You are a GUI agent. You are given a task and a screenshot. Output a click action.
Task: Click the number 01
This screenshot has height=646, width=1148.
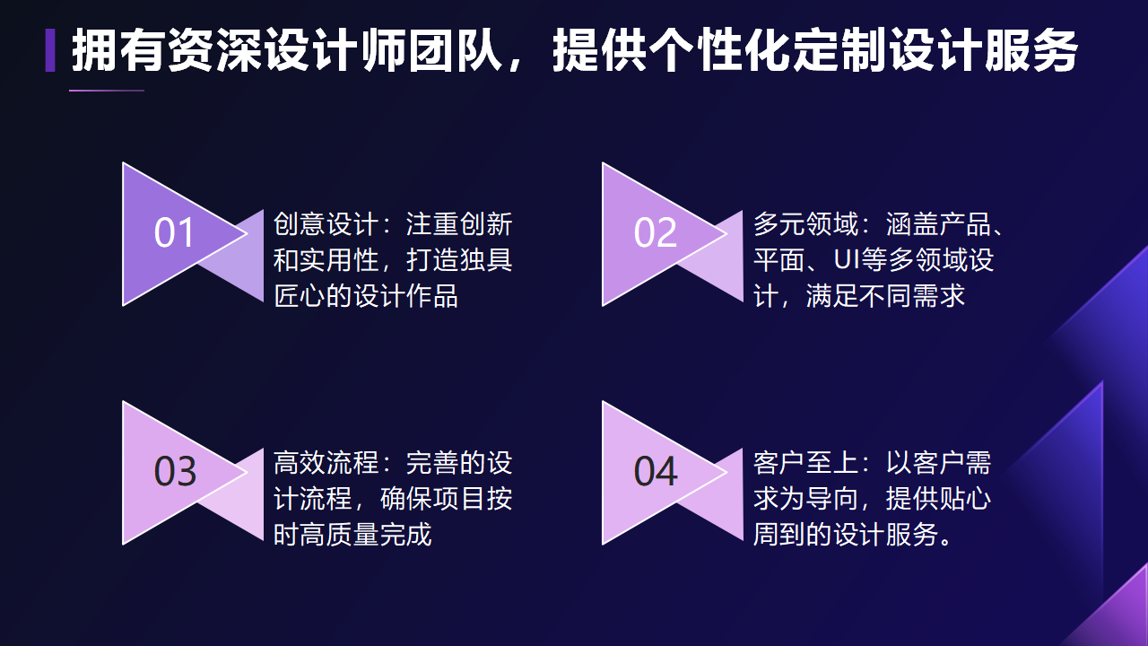point(174,232)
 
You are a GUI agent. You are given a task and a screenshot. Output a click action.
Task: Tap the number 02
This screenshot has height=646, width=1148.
point(655,232)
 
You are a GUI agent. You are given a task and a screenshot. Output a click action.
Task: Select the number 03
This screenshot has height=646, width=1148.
point(175,471)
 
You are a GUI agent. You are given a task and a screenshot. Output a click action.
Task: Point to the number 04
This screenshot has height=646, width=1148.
point(656,471)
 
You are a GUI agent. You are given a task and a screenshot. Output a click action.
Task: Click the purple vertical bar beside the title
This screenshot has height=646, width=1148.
point(50,50)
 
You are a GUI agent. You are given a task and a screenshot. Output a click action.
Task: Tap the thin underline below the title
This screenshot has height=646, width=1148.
point(107,91)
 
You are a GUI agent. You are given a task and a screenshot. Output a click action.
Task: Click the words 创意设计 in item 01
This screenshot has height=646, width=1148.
point(326,224)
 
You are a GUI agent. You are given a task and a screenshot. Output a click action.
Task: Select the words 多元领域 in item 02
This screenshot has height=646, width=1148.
point(805,224)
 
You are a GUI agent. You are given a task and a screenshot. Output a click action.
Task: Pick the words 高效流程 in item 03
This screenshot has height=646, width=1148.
point(326,462)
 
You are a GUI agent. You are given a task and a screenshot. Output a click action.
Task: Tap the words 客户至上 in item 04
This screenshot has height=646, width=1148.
point(805,462)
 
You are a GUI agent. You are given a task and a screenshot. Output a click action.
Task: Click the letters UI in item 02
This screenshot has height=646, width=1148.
point(846,259)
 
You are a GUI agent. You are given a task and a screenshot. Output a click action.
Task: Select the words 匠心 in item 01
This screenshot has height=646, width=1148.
point(300,296)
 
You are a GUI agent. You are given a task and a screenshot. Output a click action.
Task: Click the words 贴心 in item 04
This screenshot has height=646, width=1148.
point(964,498)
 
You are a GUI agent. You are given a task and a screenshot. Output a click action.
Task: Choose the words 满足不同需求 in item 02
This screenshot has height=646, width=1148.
point(885,296)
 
